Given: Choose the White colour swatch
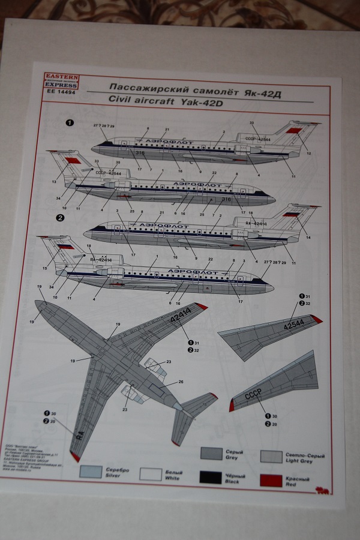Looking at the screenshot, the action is coord(151,473).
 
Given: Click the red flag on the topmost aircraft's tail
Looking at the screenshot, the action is coord(295,130).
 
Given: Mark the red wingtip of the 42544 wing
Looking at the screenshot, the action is coord(317,319).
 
